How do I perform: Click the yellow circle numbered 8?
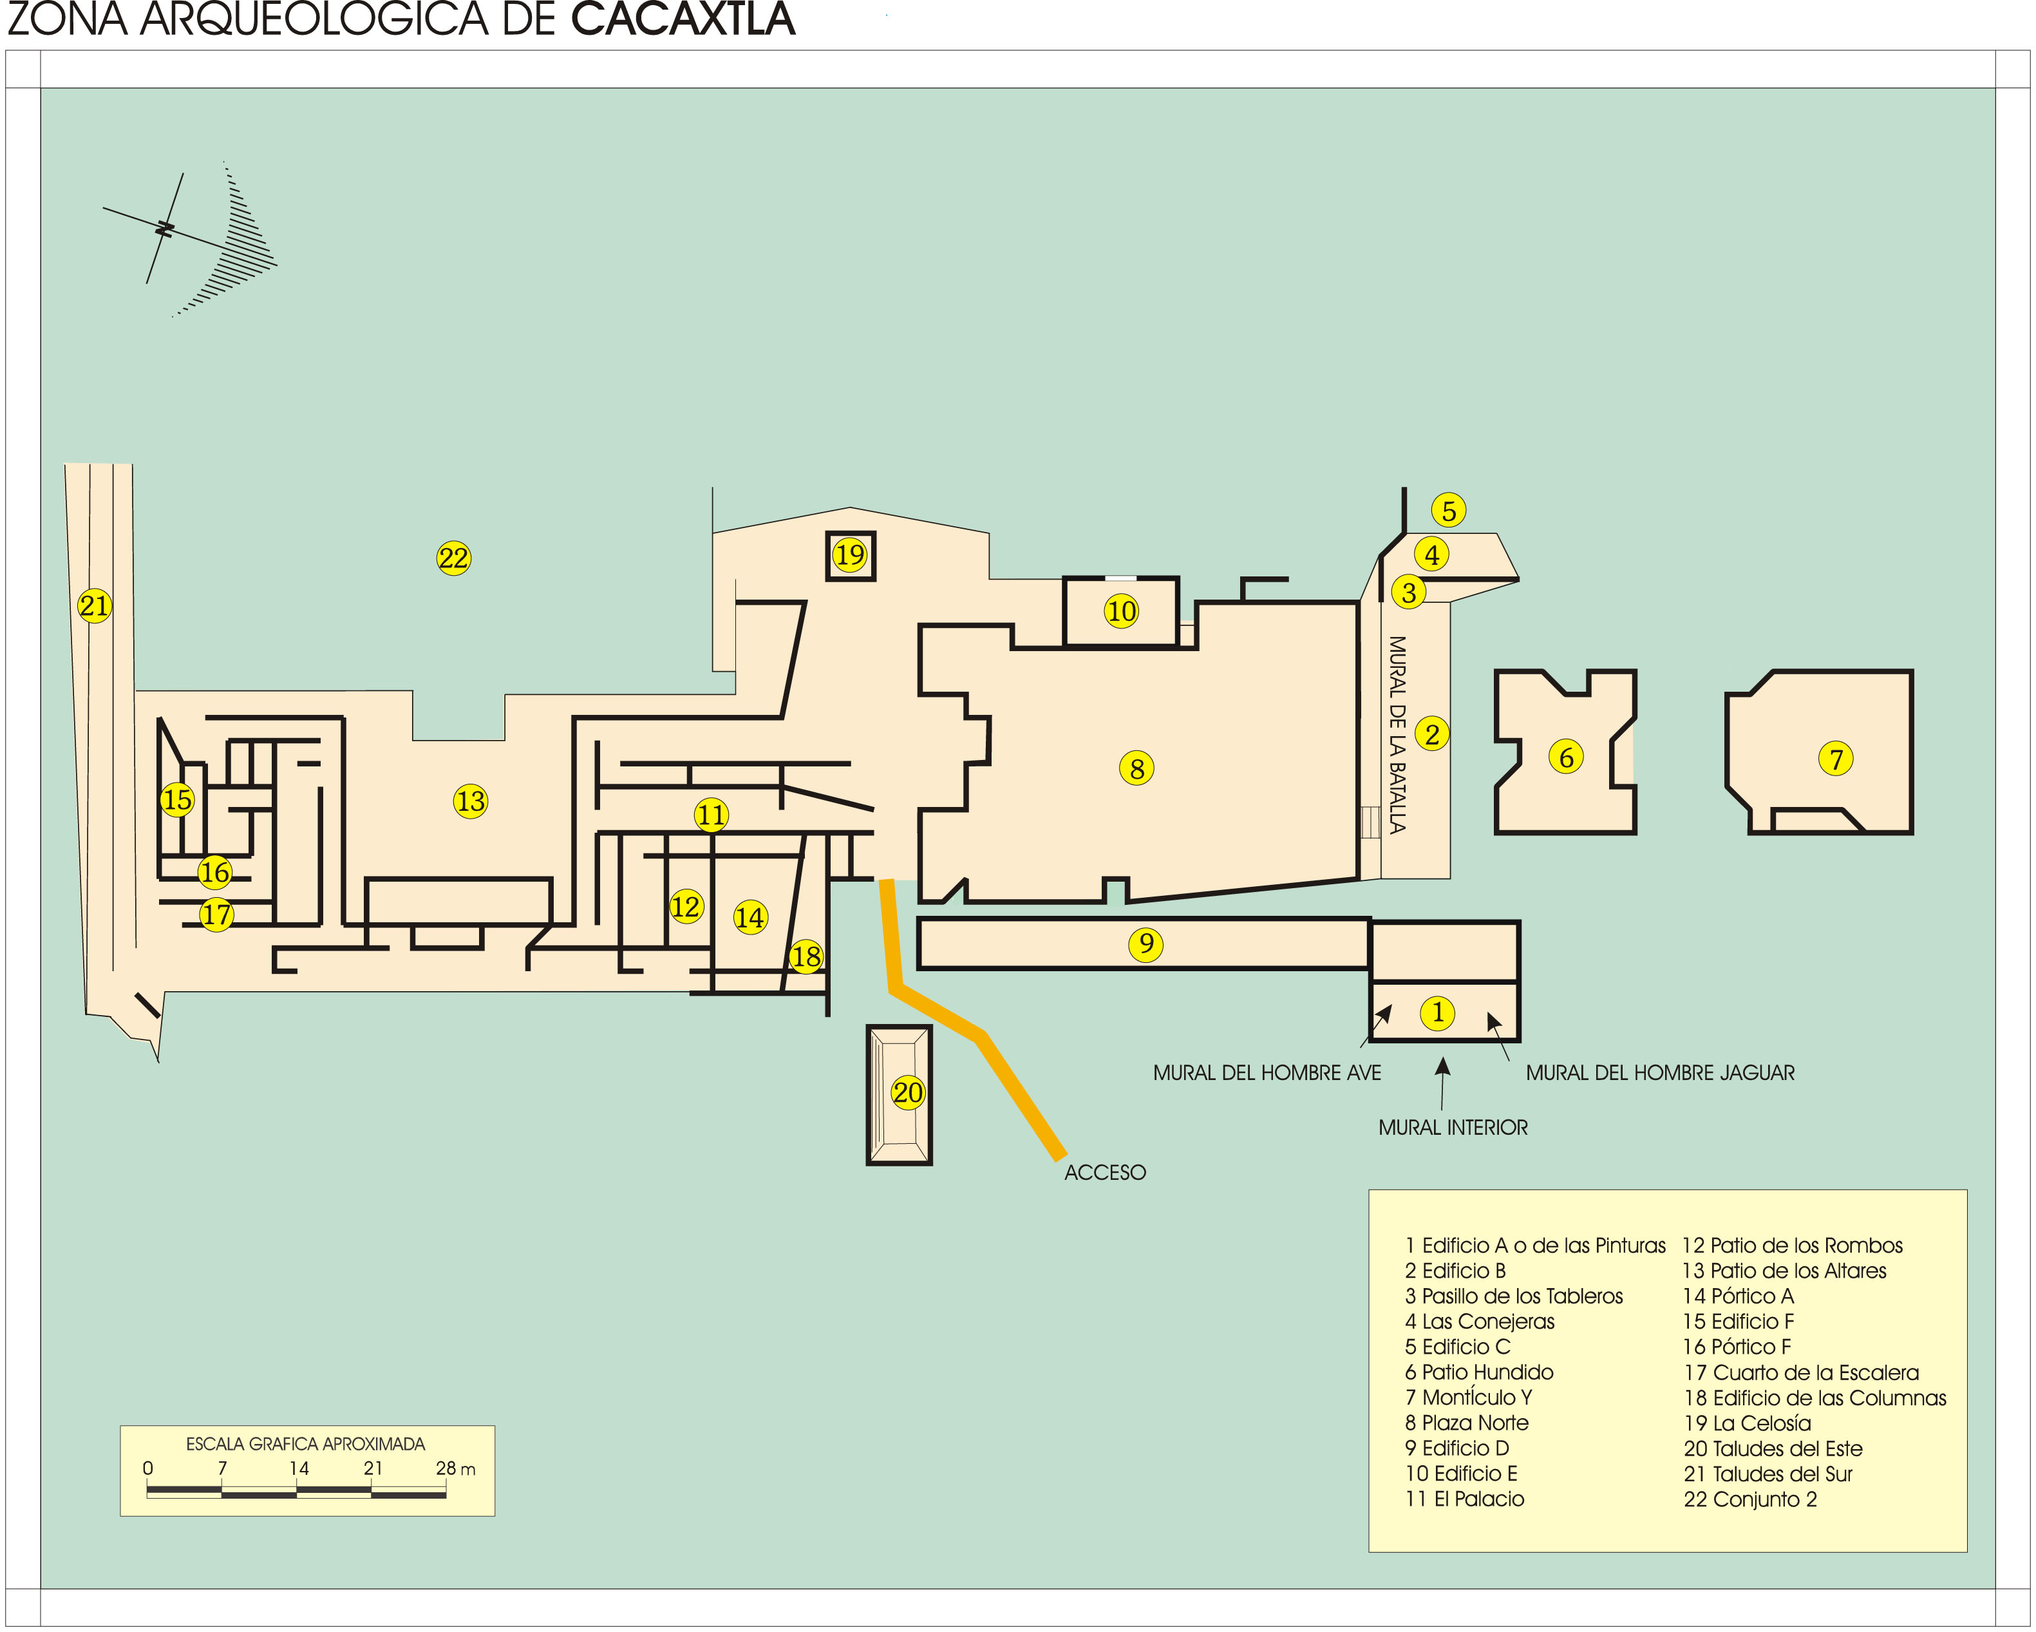[x=1137, y=769]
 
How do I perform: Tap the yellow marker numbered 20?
[x=907, y=1093]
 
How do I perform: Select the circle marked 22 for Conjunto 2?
[x=453, y=558]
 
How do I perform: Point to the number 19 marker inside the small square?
[x=850, y=555]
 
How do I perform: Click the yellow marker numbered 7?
[x=1836, y=759]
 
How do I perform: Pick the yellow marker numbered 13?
[x=470, y=802]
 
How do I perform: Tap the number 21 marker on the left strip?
[x=95, y=605]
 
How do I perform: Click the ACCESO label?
[x=1105, y=1172]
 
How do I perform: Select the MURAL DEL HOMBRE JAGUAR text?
[x=1660, y=1073]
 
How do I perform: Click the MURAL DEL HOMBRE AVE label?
[x=1267, y=1073]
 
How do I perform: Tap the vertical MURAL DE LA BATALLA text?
[x=1397, y=735]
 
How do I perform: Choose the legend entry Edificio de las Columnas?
[x=1815, y=1398]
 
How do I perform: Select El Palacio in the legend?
[x=1465, y=1499]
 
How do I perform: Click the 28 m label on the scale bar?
[x=455, y=1468]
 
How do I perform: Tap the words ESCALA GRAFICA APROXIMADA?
[x=305, y=1444]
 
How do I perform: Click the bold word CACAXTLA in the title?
[x=683, y=19]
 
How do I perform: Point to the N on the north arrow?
[x=165, y=229]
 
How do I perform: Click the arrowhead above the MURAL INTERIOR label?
[x=1443, y=1067]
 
